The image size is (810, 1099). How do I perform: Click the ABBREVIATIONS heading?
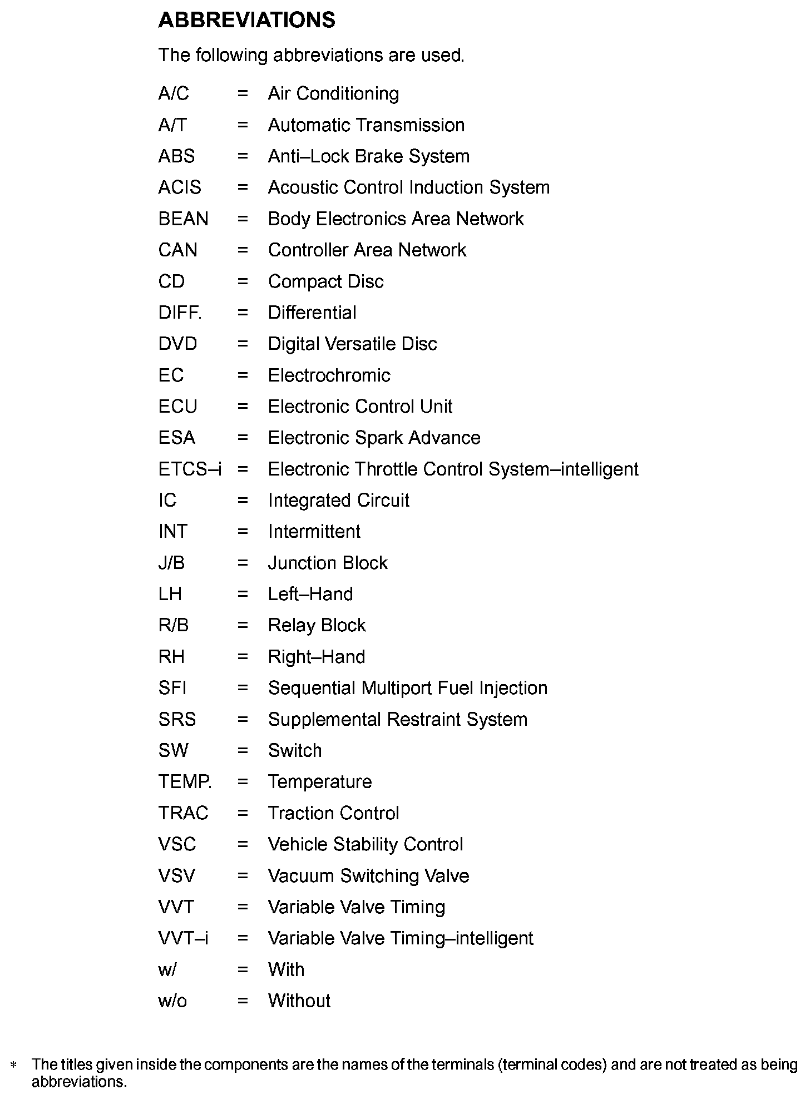click(246, 21)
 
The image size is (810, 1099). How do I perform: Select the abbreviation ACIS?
click(179, 187)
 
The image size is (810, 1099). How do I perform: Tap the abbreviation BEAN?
click(183, 219)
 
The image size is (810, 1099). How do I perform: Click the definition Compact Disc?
click(325, 281)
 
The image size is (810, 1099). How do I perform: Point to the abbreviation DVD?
click(177, 344)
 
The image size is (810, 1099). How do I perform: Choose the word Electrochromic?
click(329, 375)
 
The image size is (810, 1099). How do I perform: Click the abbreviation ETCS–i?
click(190, 469)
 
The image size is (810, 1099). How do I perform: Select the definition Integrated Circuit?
click(338, 501)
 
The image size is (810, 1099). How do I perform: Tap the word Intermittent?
click(314, 532)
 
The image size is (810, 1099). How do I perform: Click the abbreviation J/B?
click(171, 563)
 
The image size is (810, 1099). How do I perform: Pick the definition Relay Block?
click(317, 626)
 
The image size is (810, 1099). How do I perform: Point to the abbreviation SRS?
click(177, 720)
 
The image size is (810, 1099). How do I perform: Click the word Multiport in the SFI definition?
click(397, 689)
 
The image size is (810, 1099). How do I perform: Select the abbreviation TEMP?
click(185, 782)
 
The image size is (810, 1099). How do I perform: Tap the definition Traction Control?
click(333, 814)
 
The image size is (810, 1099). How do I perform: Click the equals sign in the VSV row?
click(243, 876)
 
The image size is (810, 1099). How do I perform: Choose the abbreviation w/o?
click(172, 1001)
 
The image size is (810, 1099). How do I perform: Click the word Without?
click(299, 1001)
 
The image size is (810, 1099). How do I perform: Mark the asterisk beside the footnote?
click(14, 1065)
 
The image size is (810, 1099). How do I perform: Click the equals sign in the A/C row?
click(243, 93)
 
